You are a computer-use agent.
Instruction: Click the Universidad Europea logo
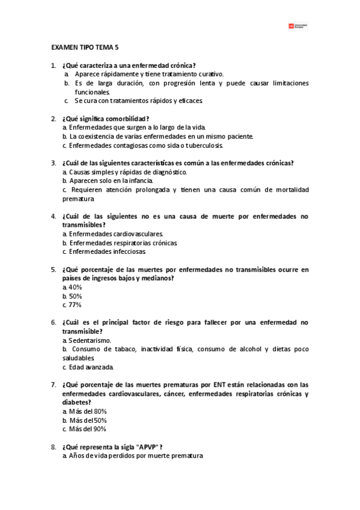pos(298,26)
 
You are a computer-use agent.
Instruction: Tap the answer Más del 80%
pos(87,411)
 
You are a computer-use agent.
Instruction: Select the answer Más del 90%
pos(87,429)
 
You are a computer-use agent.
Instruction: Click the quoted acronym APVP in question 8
pos(149,447)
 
